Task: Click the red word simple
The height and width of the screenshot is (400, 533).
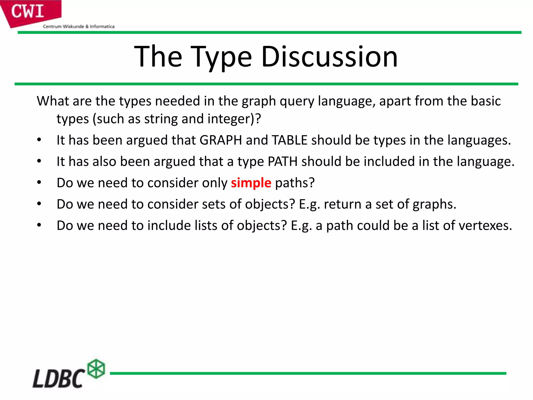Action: (x=251, y=183)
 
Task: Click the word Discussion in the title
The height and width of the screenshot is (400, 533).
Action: (x=329, y=57)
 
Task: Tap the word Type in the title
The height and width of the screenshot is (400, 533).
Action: (x=221, y=57)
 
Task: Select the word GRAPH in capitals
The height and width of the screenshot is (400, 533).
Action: (x=221, y=140)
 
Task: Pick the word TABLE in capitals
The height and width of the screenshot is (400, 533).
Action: (x=290, y=140)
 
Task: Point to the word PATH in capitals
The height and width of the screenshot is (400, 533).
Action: (x=282, y=161)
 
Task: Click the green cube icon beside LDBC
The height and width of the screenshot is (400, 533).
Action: (x=96, y=369)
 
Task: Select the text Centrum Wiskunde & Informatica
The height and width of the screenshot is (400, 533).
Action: (x=79, y=26)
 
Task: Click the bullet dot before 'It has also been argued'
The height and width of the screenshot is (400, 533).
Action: (x=39, y=161)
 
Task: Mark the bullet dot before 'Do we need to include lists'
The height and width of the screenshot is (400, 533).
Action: (x=39, y=225)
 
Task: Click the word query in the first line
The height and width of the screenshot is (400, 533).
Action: (x=297, y=102)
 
